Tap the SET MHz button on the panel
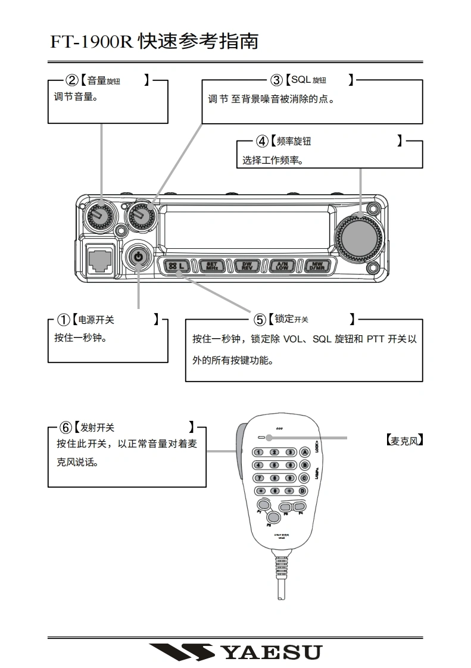[211, 266]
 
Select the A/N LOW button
[282, 266]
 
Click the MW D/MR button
[316, 266]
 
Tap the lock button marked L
[176, 266]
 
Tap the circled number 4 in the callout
[262, 141]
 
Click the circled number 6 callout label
[65, 427]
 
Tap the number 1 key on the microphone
[260, 452]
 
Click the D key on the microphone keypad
[303, 491]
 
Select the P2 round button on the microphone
[274, 516]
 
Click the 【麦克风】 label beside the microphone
[404, 441]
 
